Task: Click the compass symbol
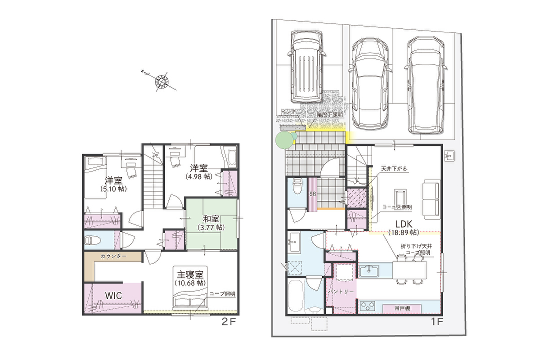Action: click(x=162, y=81)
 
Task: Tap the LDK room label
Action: click(x=404, y=224)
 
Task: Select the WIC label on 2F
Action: click(x=113, y=296)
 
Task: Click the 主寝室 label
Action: click(x=190, y=274)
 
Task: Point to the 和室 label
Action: click(x=211, y=219)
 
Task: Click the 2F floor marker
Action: click(x=229, y=322)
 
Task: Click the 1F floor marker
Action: click(x=437, y=322)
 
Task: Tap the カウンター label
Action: click(x=113, y=256)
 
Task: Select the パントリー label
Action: click(x=341, y=292)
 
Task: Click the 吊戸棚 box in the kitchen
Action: click(x=402, y=308)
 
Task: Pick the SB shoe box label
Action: click(x=313, y=194)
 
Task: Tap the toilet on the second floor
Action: click(x=92, y=240)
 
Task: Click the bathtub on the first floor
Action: click(x=295, y=297)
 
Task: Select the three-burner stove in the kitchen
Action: click(x=368, y=306)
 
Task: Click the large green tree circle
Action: click(x=284, y=140)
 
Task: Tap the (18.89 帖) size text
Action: click(x=404, y=232)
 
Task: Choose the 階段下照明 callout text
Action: click(x=329, y=115)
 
